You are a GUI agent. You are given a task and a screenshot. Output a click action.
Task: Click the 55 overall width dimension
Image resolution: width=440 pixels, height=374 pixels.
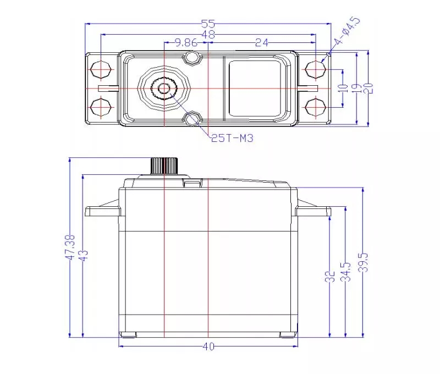[x=208, y=24]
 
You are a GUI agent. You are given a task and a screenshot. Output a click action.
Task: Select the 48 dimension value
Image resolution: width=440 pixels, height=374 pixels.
[x=208, y=35]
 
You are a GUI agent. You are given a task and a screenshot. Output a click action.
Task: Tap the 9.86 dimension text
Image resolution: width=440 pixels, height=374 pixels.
[x=186, y=43]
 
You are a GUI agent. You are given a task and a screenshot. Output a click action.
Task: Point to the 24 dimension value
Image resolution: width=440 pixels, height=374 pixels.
[x=262, y=43]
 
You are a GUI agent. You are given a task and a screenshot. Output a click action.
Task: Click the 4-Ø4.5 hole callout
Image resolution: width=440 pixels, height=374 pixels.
[x=346, y=31]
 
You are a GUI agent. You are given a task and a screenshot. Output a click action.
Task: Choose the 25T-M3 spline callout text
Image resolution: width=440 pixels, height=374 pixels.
[x=232, y=138]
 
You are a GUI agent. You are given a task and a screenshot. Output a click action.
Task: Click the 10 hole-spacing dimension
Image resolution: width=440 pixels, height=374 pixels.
[x=343, y=88]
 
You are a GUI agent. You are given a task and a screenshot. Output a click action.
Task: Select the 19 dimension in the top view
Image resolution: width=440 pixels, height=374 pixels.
[x=357, y=88]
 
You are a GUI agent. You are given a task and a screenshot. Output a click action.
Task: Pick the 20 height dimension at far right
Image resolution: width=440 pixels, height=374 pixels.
[x=368, y=88]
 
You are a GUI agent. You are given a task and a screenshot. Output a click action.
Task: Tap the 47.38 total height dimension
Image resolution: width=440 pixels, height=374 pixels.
[x=70, y=247]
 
